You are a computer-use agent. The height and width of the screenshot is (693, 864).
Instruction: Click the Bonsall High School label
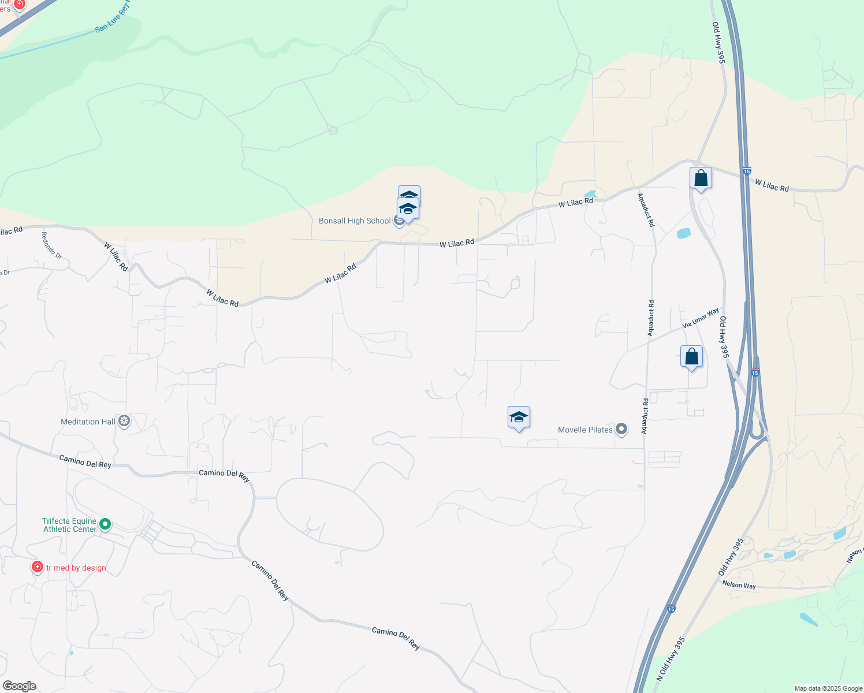coord(355,221)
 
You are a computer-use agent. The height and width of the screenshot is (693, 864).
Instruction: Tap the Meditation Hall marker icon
coord(124,421)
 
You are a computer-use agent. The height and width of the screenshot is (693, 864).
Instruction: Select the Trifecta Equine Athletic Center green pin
coord(105,524)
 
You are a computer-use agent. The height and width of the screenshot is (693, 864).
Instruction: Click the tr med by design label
coord(76,568)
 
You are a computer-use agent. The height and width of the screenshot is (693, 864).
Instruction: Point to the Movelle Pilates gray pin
coord(621,429)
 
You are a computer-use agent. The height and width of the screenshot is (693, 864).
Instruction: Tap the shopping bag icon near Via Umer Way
coord(691,357)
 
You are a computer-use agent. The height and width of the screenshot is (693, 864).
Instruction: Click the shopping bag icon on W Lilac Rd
coord(701,178)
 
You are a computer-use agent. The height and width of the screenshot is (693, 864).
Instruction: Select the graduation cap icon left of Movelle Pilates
coord(519,418)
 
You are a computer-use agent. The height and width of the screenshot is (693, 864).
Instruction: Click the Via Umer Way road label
coord(701,318)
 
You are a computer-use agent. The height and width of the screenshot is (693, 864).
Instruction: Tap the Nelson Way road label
coord(739,585)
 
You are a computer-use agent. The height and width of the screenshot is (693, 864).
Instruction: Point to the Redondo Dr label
coord(51,245)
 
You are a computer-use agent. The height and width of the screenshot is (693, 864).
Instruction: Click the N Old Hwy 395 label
coord(671,659)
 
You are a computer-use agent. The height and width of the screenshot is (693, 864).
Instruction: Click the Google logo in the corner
coord(19,686)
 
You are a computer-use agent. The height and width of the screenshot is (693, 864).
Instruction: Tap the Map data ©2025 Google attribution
coord(828,688)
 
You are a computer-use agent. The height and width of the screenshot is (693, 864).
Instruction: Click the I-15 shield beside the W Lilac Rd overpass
coord(747,171)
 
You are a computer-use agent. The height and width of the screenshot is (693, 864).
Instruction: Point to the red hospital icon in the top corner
coord(20,5)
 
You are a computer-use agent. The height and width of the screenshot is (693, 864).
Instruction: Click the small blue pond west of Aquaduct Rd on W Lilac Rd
coord(590,194)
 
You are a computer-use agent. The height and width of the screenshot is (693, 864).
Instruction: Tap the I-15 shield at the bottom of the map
coord(671,609)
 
